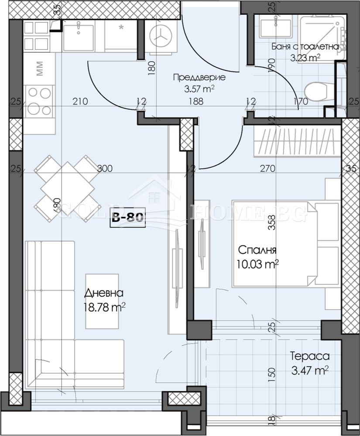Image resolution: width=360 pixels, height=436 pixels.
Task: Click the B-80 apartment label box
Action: point(127,218)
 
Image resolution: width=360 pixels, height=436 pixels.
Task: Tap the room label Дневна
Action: point(104,293)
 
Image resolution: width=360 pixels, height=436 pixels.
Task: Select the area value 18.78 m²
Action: point(104,308)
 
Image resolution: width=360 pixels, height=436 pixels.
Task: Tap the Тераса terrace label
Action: point(310,356)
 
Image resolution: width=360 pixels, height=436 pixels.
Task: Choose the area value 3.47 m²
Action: point(309,371)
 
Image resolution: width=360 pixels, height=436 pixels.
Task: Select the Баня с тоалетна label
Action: point(305,46)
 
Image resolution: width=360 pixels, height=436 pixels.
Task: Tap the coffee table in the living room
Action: point(102,301)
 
